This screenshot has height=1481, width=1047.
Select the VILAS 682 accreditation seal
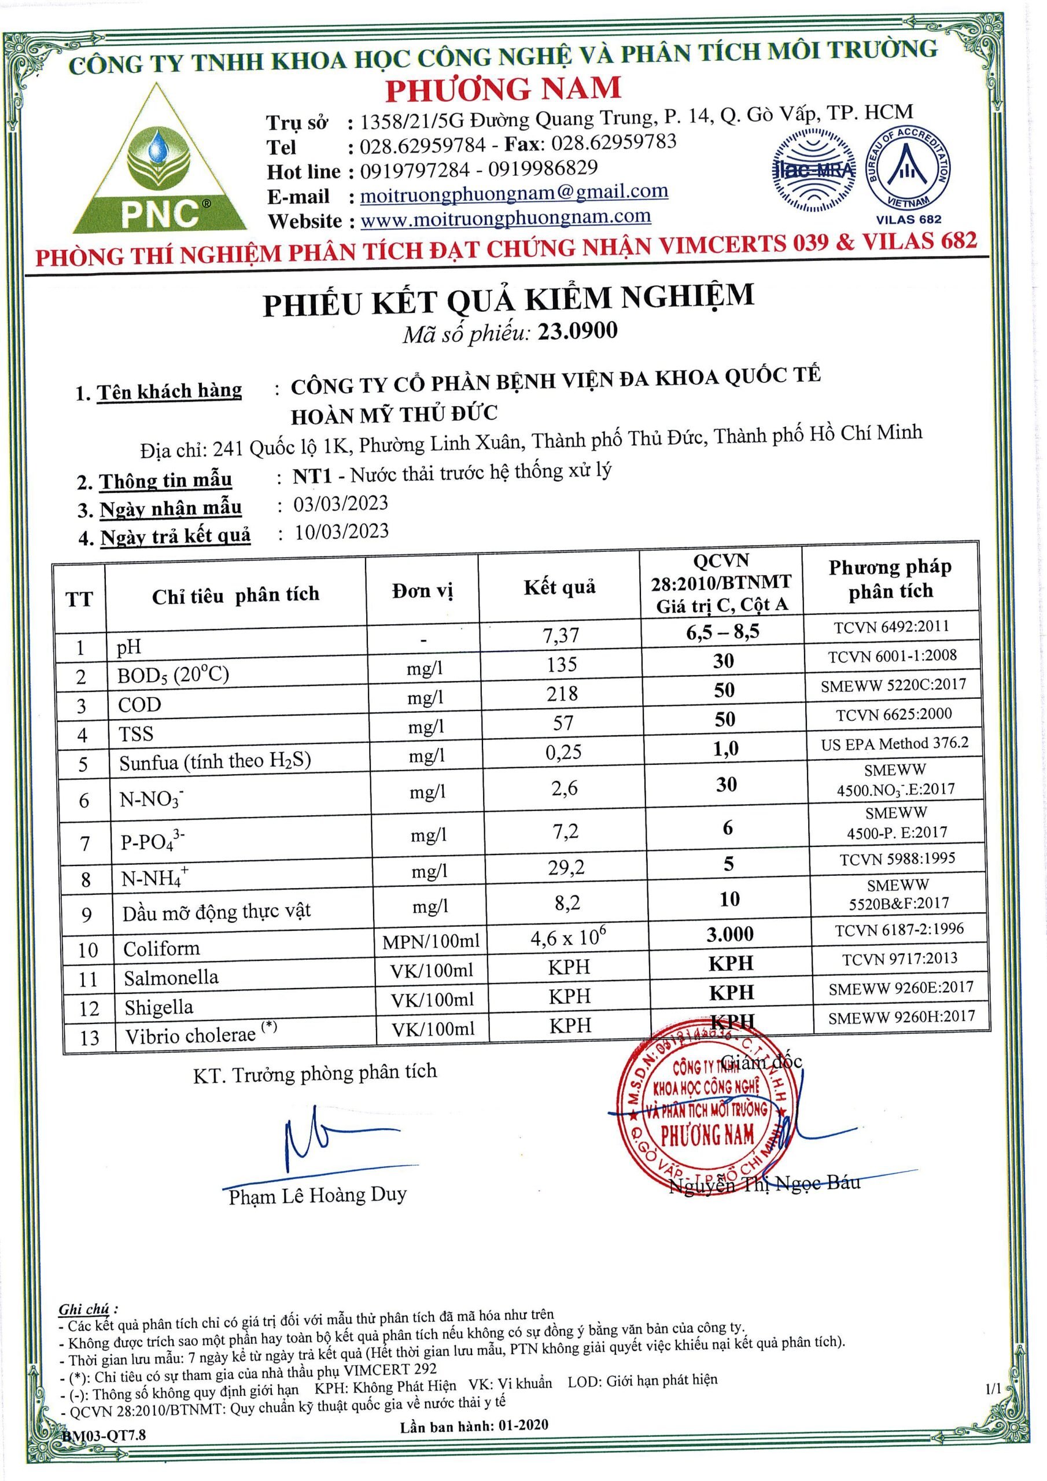908,170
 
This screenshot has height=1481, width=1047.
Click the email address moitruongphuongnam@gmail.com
514,192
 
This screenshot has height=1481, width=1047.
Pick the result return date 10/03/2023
342,532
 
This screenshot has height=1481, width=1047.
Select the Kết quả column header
559,587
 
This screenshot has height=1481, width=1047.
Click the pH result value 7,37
561,635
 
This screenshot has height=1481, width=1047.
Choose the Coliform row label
162,948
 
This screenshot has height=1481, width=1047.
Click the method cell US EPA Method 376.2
894,744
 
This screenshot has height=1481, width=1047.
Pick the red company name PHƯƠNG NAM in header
503,89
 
